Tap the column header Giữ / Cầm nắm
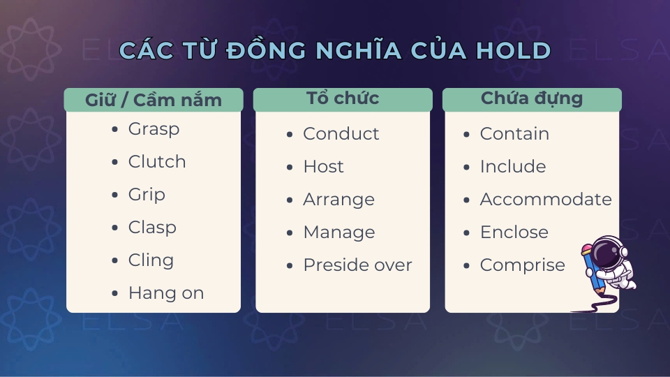coord(154,100)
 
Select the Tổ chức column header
coord(343,98)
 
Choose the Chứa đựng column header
coord(532,98)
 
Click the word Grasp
coord(154,129)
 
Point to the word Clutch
coord(157,162)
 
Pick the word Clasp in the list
coord(152,228)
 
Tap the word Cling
coord(151,260)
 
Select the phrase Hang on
coord(166,293)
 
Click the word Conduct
coord(341,134)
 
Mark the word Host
coord(323,167)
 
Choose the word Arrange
coord(338,200)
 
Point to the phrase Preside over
coord(357,265)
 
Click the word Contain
coord(514,134)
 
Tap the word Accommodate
coord(546,200)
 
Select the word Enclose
coord(514,232)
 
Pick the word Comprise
coord(522,265)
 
